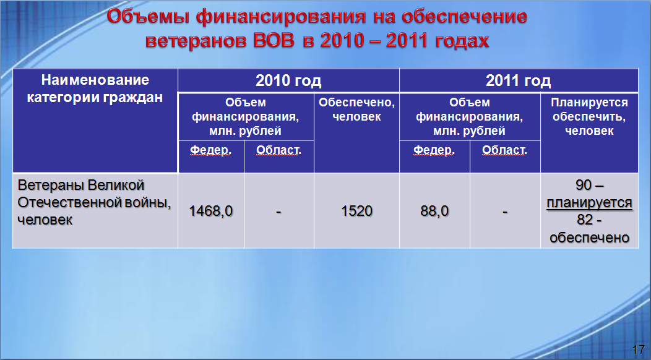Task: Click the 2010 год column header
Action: coord(288,80)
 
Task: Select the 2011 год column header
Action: coord(518,80)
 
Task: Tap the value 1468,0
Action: coord(210,211)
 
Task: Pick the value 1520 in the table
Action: coord(356,211)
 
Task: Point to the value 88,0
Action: coord(434,211)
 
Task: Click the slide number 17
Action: coord(638,349)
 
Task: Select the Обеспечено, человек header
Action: coord(356,109)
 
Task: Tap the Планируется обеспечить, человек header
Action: coord(589,117)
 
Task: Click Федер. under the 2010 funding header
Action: coord(210,150)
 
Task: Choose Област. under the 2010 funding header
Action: coord(278,150)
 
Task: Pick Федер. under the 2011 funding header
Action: coord(434,150)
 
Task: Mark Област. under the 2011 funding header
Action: coord(504,150)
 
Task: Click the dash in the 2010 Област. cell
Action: coord(278,212)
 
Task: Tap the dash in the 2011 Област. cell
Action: coord(505,212)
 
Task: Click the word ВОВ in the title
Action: coord(273,41)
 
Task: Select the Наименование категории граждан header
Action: coord(95,88)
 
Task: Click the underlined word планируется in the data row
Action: coord(589,203)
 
